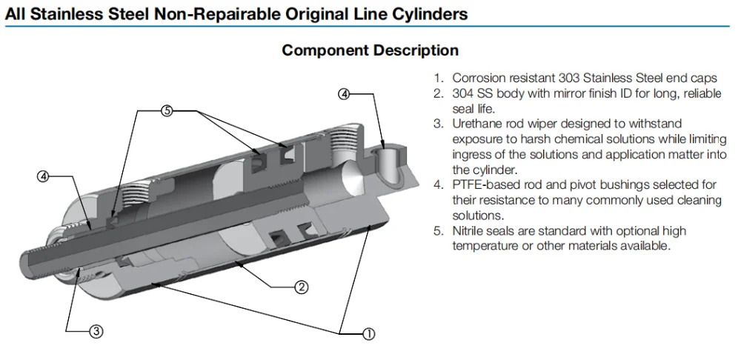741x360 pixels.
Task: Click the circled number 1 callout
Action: (x=368, y=334)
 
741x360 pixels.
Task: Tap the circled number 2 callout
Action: (x=302, y=287)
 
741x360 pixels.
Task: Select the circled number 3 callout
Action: (x=96, y=332)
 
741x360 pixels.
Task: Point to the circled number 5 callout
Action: (x=167, y=111)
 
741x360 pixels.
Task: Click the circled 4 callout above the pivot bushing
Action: (x=344, y=94)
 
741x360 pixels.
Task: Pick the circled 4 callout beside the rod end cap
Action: (x=43, y=177)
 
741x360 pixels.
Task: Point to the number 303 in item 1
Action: (x=569, y=78)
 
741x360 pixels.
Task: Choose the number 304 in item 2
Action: (x=463, y=93)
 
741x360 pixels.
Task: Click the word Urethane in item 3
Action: (x=476, y=124)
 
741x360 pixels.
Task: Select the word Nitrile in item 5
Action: (x=468, y=231)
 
